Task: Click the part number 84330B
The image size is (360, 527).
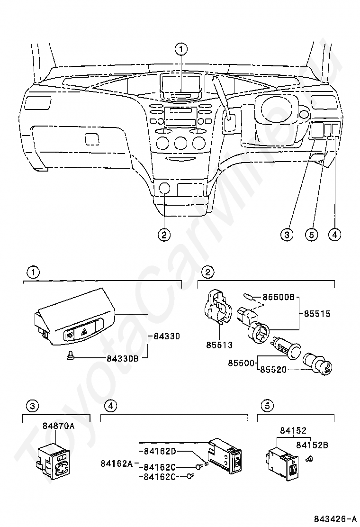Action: [123, 359]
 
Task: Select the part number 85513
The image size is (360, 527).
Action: [219, 345]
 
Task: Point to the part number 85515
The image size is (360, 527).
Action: [317, 314]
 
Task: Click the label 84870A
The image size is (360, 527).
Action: [58, 426]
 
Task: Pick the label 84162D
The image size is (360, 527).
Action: [160, 451]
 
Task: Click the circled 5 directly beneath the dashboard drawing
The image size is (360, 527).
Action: [311, 234]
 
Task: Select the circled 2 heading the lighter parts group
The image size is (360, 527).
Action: [208, 272]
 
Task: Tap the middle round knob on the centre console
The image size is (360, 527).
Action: [180, 143]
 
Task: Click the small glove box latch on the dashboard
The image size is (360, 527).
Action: [92, 139]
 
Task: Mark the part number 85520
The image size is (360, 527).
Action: [273, 370]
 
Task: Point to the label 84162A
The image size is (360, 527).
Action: [117, 463]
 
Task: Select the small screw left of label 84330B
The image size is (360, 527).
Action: [71, 355]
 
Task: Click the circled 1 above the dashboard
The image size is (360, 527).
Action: [181, 50]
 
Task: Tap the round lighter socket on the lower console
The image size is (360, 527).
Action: [164, 188]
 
